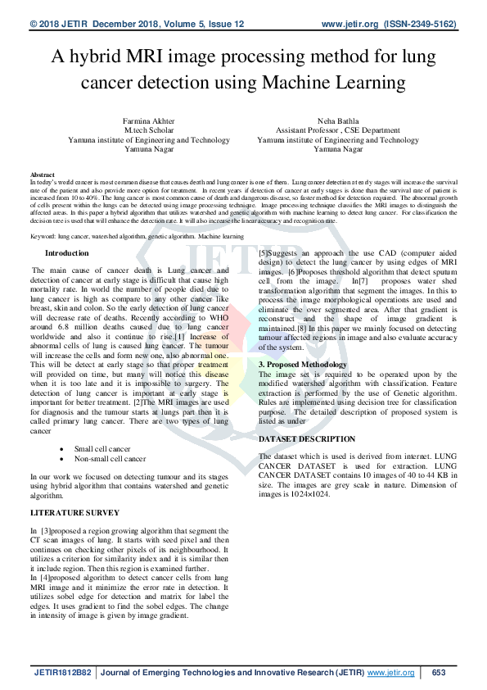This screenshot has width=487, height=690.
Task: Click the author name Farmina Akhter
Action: click(148, 120)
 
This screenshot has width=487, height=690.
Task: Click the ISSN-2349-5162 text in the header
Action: click(423, 25)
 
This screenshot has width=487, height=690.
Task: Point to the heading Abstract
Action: click(43, 175)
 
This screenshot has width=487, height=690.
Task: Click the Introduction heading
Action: click(67, 254)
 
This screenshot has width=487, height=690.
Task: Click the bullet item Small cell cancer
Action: click(102, 449)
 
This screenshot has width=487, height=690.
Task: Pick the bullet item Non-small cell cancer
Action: click(110, 459)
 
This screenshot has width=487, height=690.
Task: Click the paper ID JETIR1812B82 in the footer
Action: click(63, 673)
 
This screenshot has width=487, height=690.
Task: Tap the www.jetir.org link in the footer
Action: click(390, 673)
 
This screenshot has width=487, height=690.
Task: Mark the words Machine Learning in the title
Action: click(336, 82)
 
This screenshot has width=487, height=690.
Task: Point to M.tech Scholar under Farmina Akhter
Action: click(148, 130)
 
